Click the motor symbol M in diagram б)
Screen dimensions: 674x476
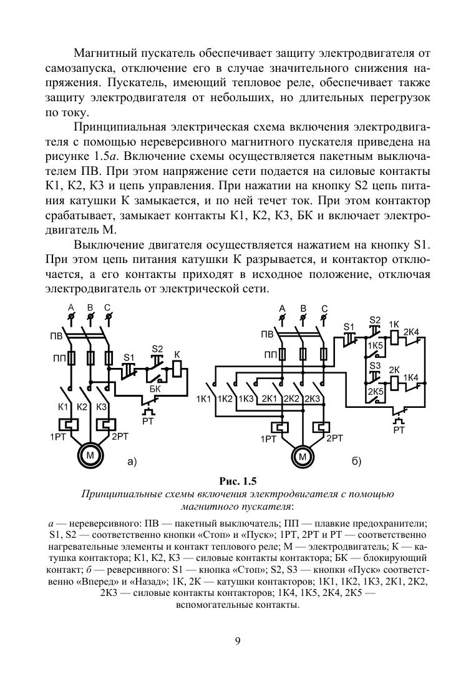(303, 457)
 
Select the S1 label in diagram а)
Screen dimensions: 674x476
(129, 357)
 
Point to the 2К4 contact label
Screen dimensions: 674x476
(411, 332)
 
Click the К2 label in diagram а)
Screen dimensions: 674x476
(82, 407)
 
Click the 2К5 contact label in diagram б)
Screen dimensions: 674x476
(375, 392)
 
